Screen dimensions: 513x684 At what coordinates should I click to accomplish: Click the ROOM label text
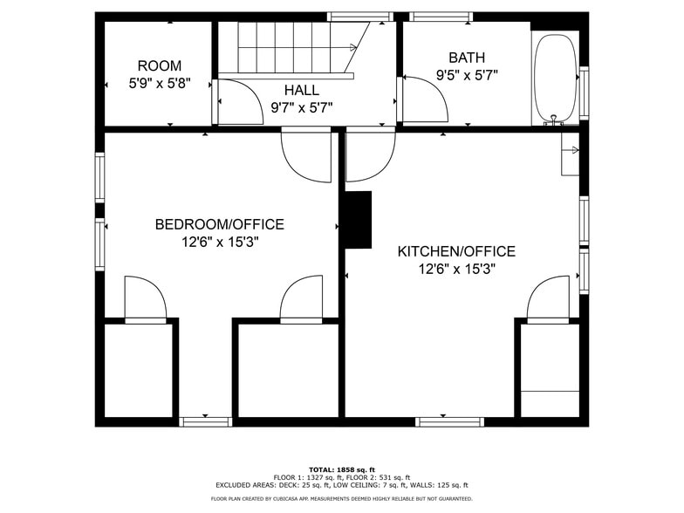160,65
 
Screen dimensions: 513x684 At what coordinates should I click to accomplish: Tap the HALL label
301,90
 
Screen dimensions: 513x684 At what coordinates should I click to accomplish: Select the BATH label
467,58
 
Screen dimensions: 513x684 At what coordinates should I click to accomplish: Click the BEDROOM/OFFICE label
219,224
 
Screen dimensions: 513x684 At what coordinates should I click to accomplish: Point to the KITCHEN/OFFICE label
456,251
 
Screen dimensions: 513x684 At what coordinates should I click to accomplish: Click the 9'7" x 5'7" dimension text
301,107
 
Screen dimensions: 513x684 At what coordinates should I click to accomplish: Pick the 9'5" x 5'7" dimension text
467,76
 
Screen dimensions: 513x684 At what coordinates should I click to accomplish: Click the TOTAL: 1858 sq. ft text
342,469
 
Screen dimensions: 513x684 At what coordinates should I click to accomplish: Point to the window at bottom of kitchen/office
449,422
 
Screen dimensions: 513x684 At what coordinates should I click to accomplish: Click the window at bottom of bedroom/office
205,422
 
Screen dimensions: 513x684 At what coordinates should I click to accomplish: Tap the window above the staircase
358,16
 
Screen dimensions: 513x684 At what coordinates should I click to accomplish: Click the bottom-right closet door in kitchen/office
548,298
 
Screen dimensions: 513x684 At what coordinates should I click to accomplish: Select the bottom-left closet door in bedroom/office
145,298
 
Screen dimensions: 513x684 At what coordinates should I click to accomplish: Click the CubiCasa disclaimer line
342,499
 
